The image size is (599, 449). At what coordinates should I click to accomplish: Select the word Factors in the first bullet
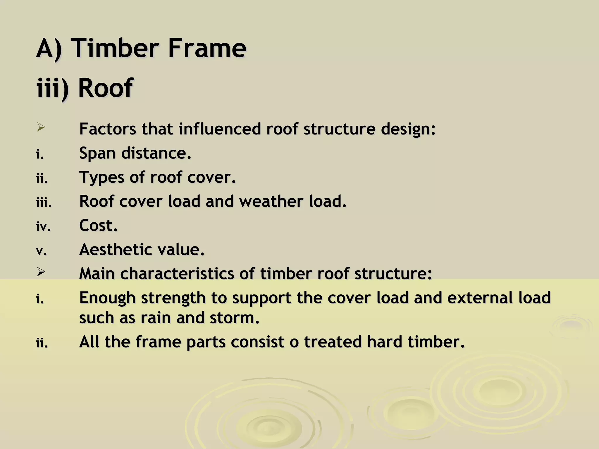click(x=108, y=129)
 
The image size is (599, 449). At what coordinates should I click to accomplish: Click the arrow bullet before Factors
click(x=41, y=127)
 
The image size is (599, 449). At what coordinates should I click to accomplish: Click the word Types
click(x=101, y=177)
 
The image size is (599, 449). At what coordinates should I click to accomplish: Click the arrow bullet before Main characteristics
click(x=41, y=272)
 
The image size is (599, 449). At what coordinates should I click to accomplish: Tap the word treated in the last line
click(x=333, y=342)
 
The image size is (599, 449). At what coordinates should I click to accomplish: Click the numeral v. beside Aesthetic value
click(x=42, y=251)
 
